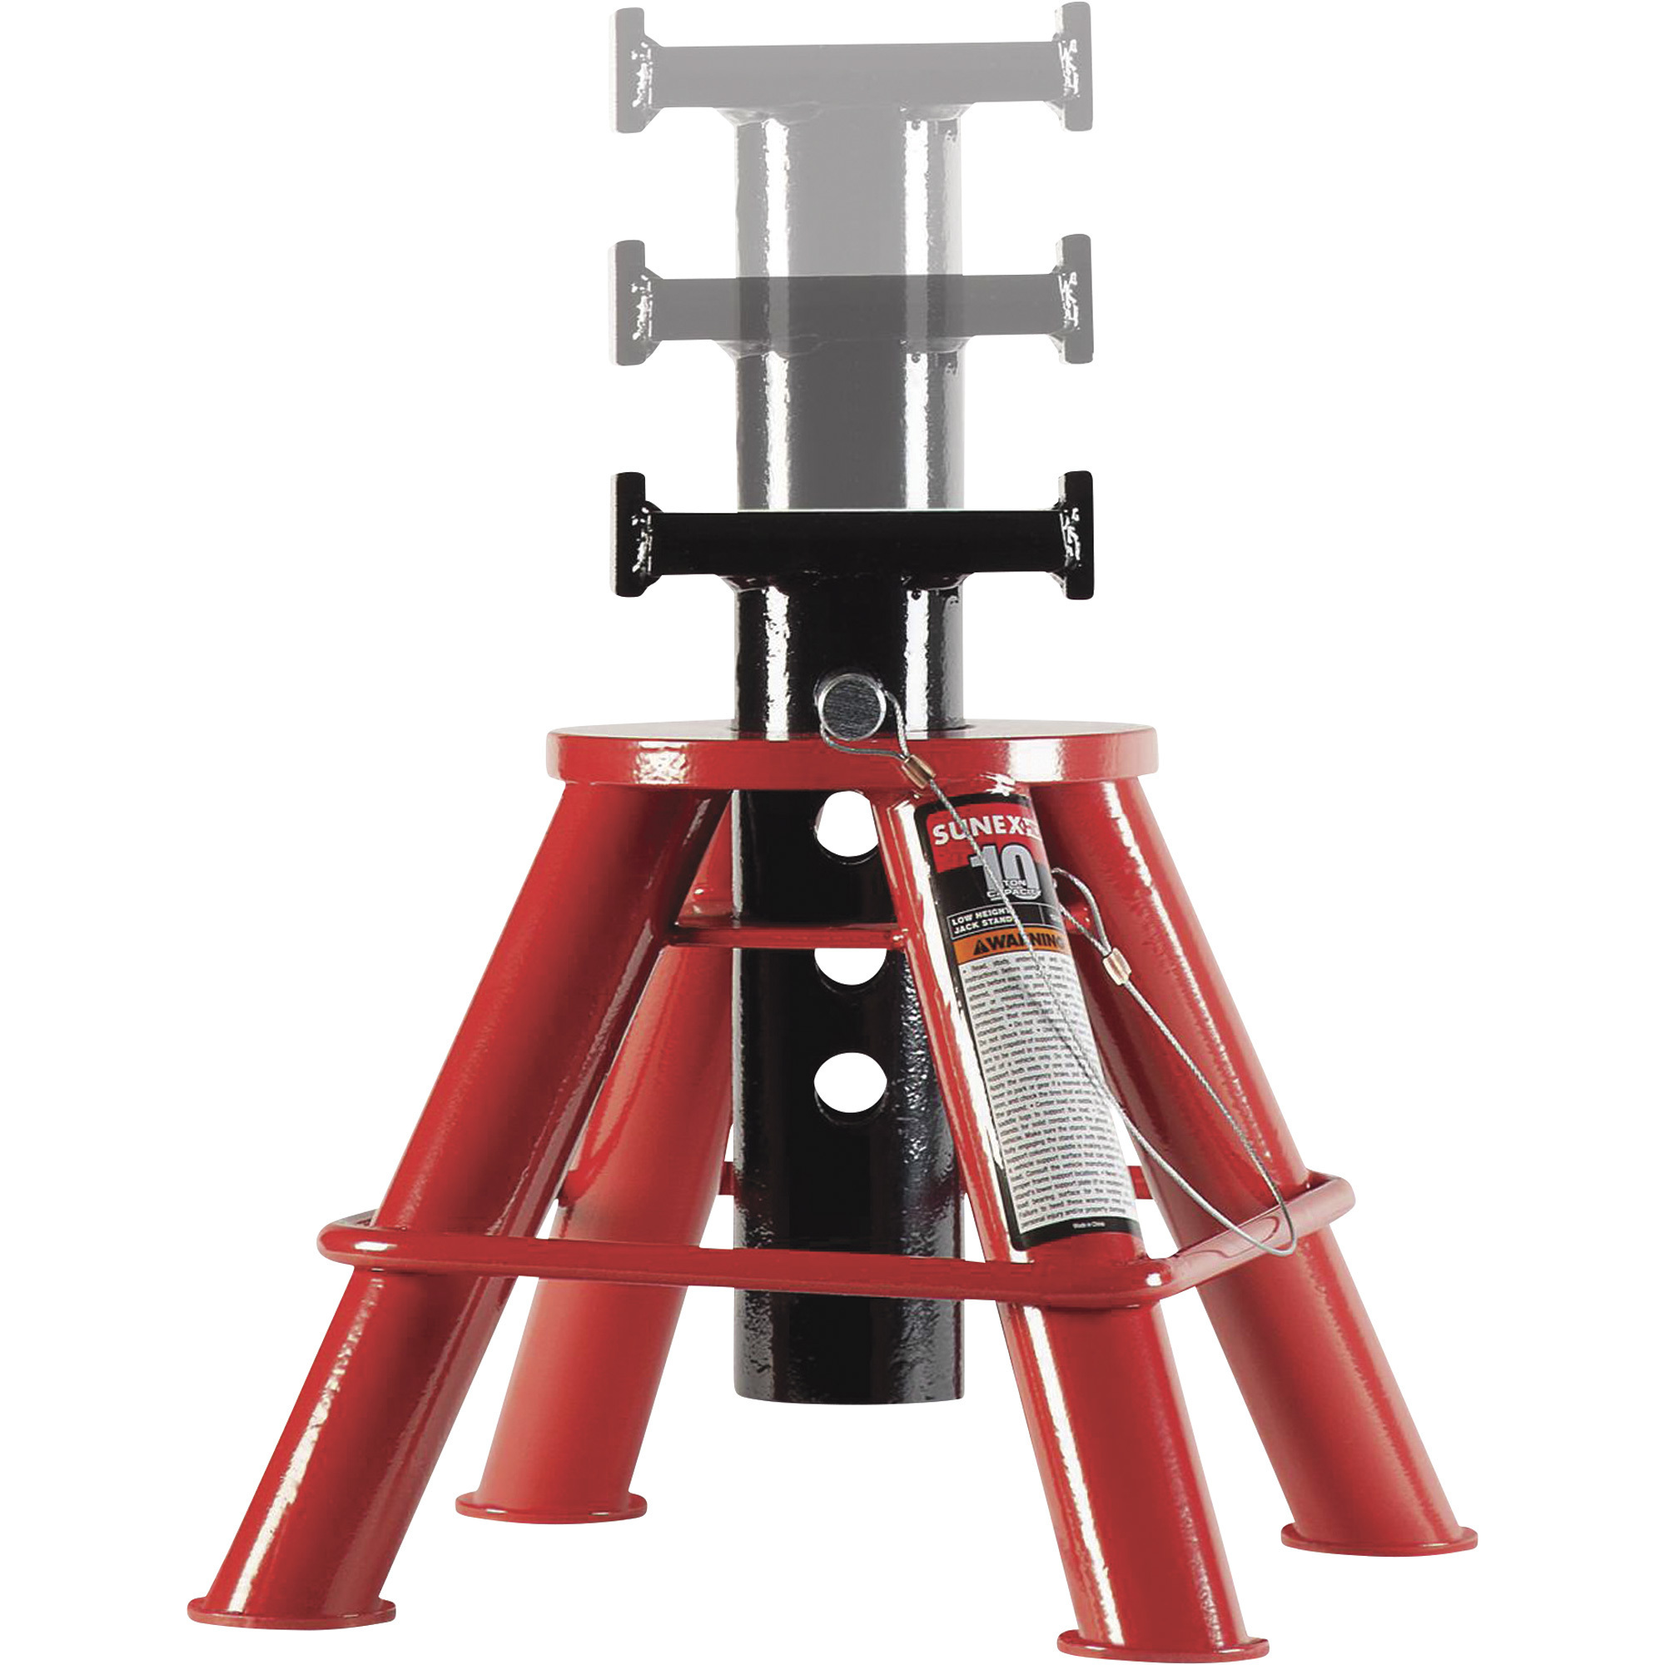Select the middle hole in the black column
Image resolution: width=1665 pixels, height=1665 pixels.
coord(848,967)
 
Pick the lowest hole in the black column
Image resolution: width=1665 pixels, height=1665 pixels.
coord(848,1081)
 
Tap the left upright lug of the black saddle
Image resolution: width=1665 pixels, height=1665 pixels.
coord(630,534)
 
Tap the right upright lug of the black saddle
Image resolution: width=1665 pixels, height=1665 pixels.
coord(1076,534)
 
